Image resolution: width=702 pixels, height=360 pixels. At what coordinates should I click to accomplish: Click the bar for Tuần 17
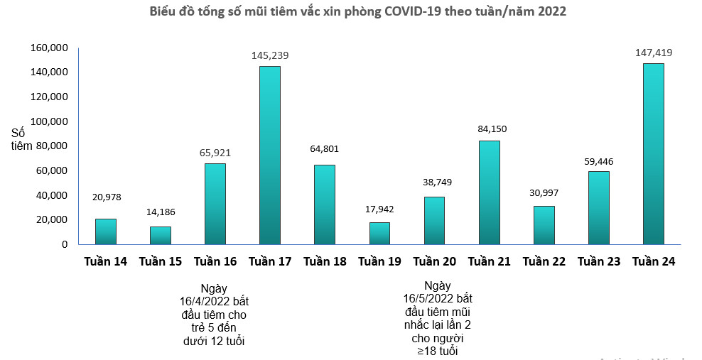270,155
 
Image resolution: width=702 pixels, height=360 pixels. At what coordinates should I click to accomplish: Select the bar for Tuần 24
653,153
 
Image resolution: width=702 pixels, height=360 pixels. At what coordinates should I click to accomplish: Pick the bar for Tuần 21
489,192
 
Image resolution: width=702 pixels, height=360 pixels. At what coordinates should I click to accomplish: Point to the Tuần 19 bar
379,233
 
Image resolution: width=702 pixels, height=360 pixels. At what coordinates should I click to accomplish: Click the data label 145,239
270,55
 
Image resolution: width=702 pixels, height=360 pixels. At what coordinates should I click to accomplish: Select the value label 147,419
653,53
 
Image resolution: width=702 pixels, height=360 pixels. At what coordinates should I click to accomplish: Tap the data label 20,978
105,197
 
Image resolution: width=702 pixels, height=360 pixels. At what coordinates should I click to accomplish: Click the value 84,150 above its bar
489,129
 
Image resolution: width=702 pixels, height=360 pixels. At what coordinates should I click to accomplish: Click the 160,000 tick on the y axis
49,48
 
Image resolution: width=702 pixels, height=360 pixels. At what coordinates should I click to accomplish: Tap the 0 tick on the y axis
64,244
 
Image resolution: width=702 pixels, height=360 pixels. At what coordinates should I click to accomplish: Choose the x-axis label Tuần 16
215,262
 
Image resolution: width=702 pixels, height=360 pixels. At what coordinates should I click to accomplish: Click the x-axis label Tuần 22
544,262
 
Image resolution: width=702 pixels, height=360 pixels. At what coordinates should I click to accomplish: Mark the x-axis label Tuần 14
105,262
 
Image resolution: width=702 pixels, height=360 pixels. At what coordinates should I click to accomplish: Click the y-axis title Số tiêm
22,139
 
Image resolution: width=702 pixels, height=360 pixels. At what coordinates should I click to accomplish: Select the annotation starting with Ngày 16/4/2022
215,315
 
